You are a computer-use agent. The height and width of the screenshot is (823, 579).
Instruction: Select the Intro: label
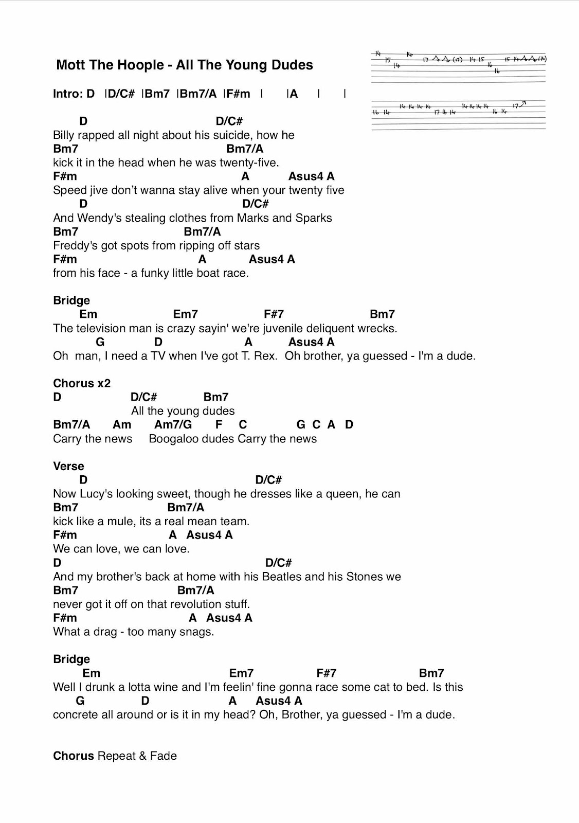pyautogui.click(x=67, y=94)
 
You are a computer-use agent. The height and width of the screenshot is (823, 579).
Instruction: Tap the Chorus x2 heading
pyautogui.click(x=82, y=383)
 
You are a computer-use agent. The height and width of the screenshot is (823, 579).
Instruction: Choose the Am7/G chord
pyautogui.click(x=173, y=425)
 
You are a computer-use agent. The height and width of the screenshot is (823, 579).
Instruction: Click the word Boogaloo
pyautogui.click(x=173, y=439)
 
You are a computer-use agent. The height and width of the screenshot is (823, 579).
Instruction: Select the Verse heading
pyautogui.click(x=68, y=466)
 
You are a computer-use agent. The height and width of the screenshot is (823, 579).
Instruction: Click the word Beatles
pyautogui.click(x=281, y=577)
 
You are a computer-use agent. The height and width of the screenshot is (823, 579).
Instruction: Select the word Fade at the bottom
pyautogui.click(x=164, y=756)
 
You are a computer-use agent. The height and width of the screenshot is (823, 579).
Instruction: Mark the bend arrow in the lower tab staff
pyautogui.click(x=523, y=104)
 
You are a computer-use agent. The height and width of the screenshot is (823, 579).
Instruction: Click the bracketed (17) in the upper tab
pyautogui.click(x=457, y=60)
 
